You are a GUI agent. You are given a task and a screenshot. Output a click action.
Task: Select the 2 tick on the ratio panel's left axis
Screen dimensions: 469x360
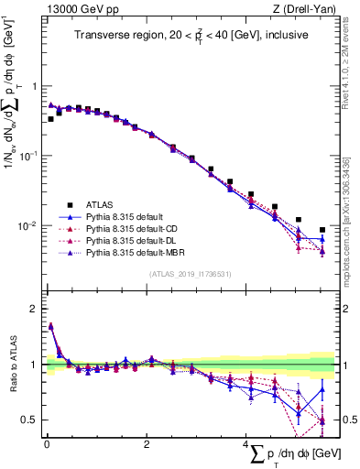click(x=34, y=309)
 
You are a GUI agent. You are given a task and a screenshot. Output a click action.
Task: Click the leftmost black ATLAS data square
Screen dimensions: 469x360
click(x=51, y=118)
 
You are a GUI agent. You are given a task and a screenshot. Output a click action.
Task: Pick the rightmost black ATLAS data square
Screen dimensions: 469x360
click(x=322, y=230)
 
